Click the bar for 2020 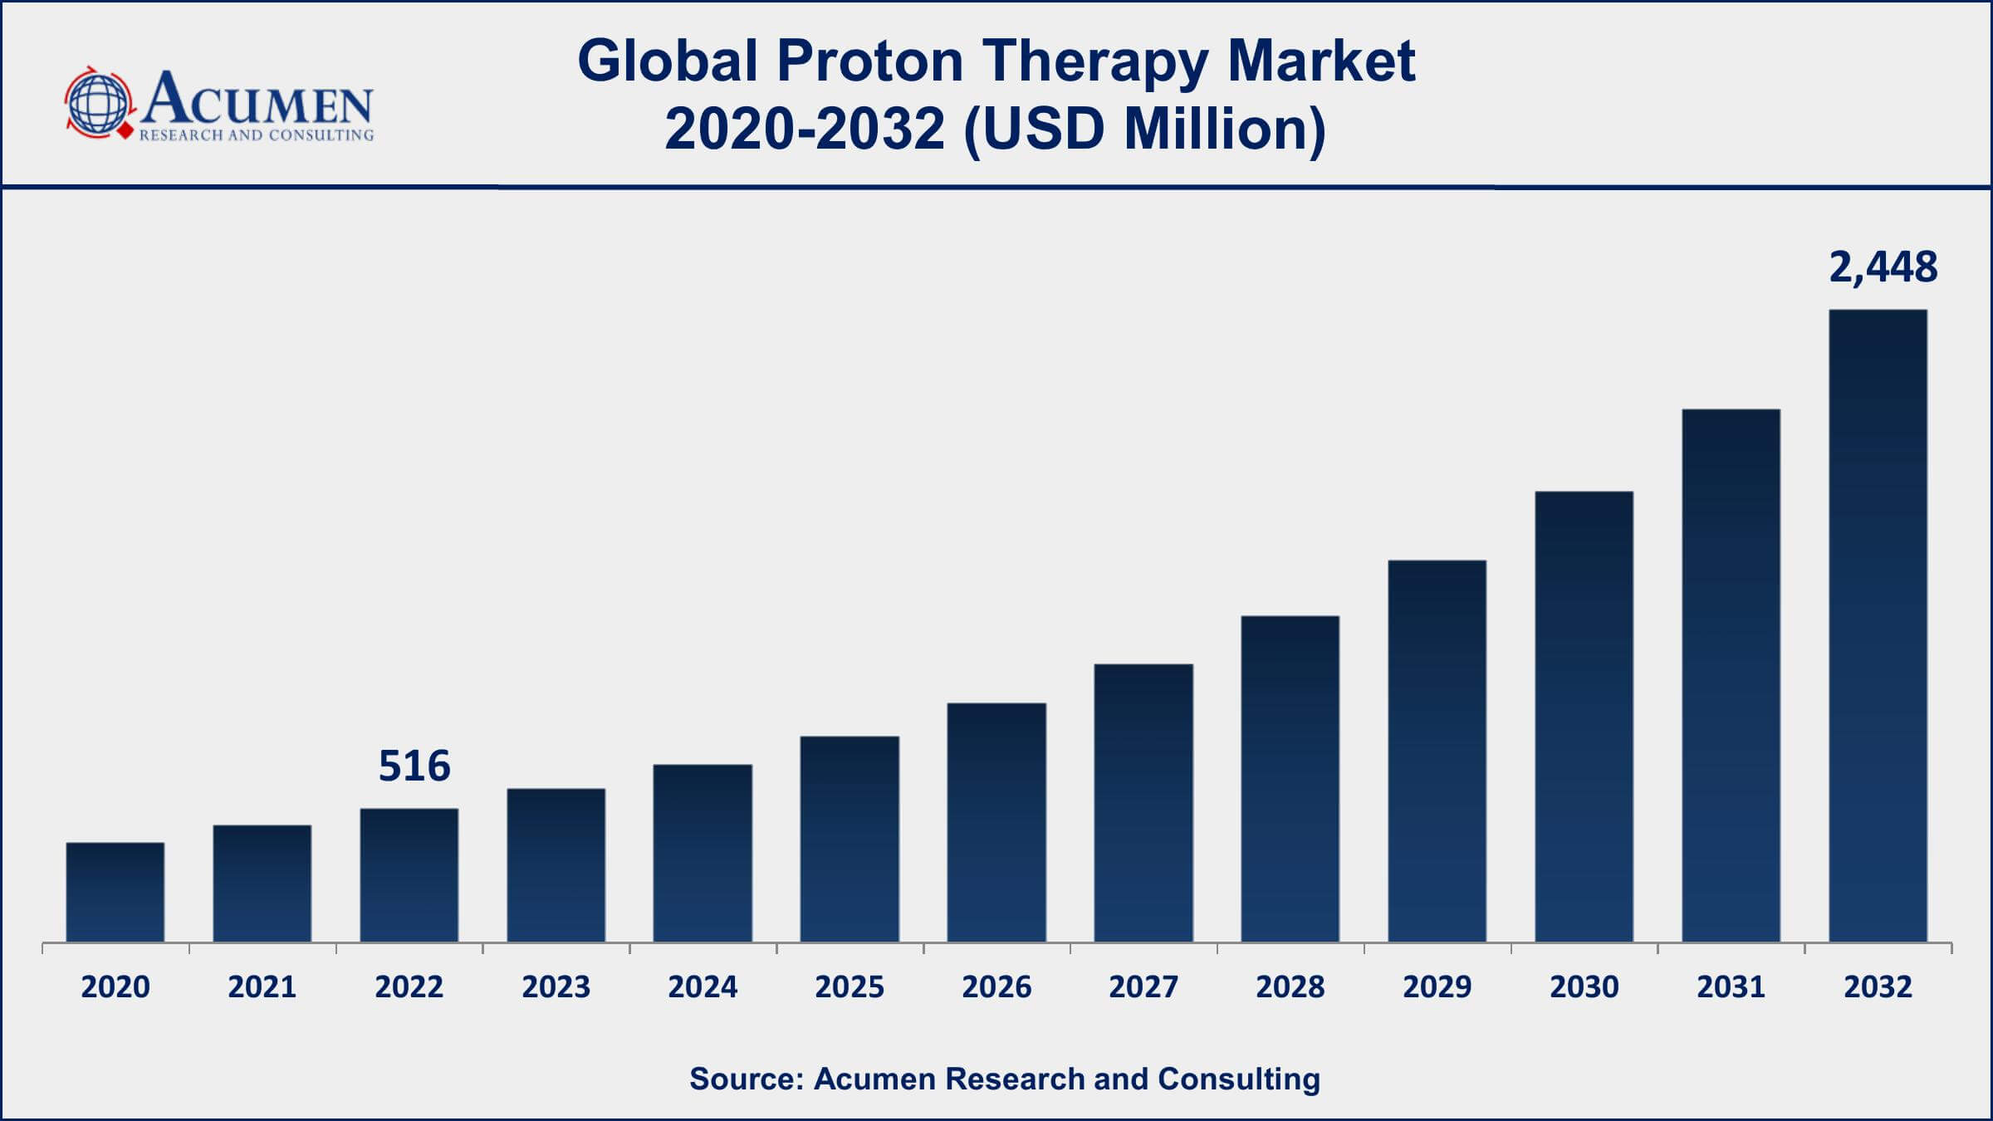(x=115, y=892)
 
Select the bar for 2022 (x=409, y=875)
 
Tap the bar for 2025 (x=850, y=839)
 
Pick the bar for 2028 (x=1290, y=779)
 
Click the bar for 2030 (x=1584, y=716)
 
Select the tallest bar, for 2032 (x=1878, y=626)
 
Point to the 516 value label (x=414, y=766)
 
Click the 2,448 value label (x=1883, y=267)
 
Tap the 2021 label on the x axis (x=262, y=986)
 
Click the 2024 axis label (x=703, y=986)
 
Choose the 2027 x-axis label (x=1143, y=986)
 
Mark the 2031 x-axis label (x=1731, y=986)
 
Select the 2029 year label (x=1437, y=986)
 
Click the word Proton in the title (x=869, y=61)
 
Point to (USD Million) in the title (x=1144, y=130)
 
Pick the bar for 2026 (x=996, y=822)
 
